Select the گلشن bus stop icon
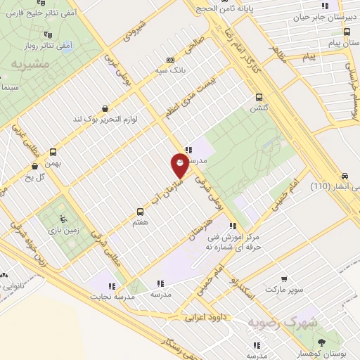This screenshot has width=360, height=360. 259,97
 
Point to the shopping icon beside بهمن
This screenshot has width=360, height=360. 35,167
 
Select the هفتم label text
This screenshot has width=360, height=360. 139,221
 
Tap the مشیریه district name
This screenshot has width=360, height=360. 27,65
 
